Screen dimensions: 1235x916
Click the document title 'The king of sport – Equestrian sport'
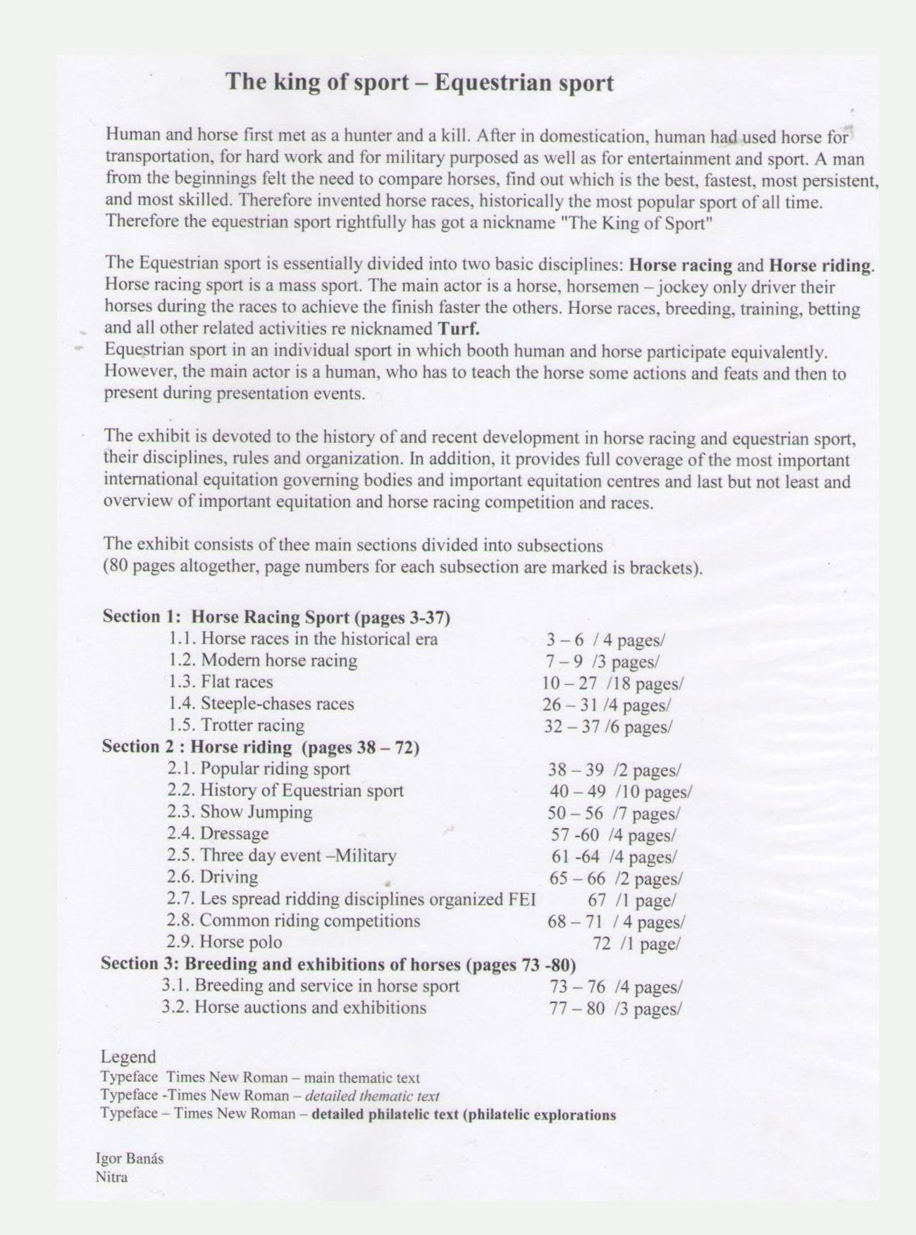[419, 82]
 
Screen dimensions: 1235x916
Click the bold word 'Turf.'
[459, 329]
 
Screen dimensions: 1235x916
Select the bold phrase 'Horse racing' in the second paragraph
[680, 265]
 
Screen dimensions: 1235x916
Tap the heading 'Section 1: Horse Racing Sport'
[276, 617]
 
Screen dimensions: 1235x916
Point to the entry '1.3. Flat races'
[221, 682]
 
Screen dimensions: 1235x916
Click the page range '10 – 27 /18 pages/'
[612, 683]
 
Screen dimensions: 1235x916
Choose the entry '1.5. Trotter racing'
[237, 725]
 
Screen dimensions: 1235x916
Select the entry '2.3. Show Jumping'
[240, 812]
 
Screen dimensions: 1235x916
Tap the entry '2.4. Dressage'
[218, 834]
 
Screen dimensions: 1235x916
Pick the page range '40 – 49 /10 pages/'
[620, 792]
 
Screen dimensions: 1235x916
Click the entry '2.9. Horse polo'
[224, 942]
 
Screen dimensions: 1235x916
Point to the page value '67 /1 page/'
[631, 901]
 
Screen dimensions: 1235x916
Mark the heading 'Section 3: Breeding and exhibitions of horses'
[338, 964]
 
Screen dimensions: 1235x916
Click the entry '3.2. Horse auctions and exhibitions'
[294, 1008]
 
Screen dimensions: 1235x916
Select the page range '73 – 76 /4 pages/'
[615, 987]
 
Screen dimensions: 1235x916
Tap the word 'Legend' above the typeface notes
[128, 1057]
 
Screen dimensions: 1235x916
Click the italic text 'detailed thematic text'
[373, 1096]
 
